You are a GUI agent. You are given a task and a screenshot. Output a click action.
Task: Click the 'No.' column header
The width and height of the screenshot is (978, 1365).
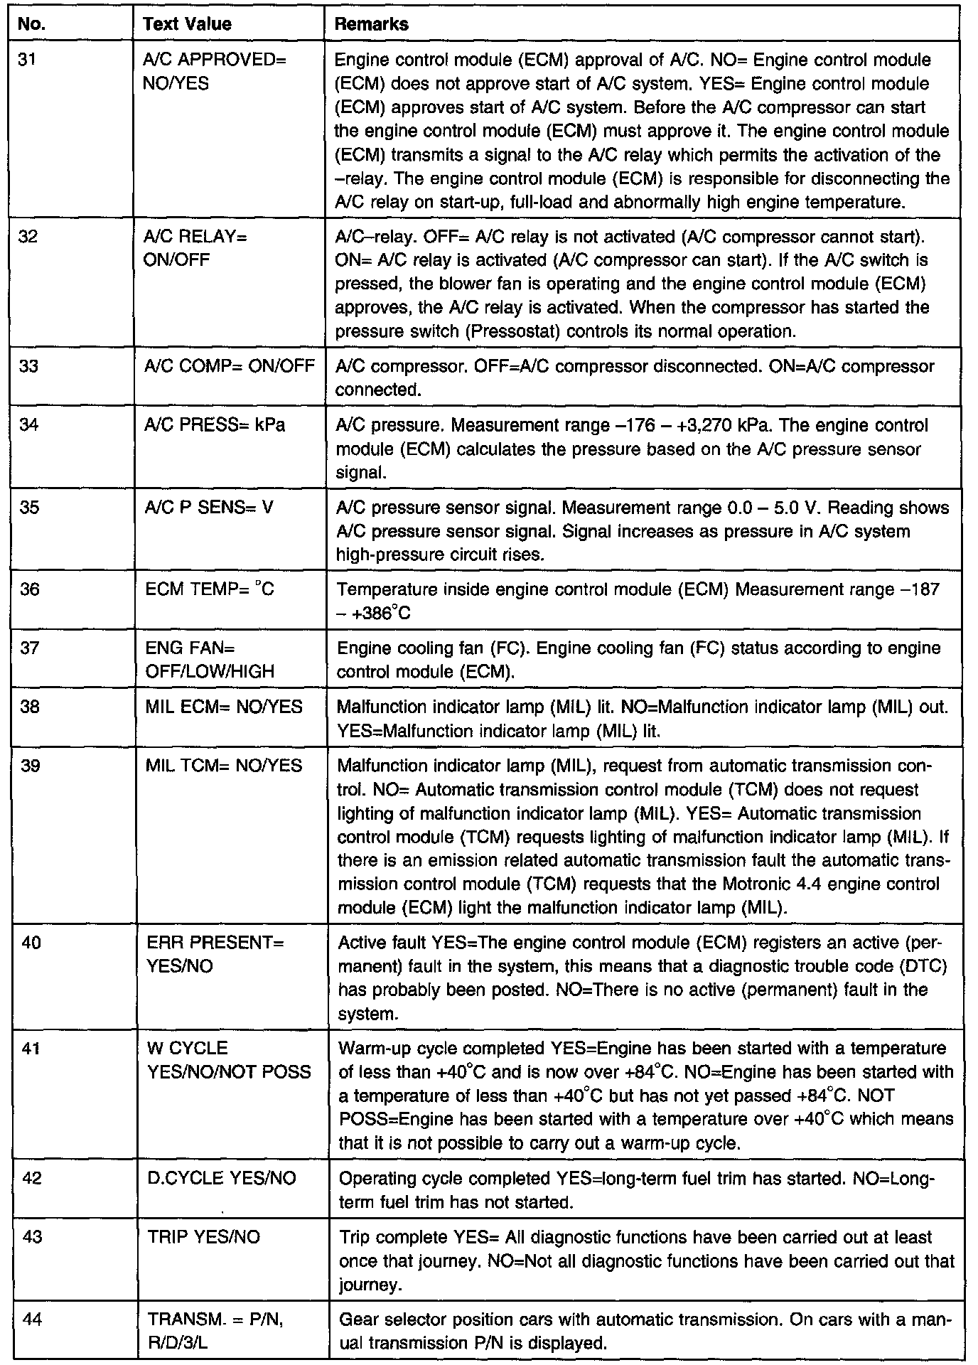pos(31,24)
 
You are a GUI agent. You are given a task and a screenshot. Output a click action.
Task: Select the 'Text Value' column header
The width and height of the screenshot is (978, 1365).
pos(187,24)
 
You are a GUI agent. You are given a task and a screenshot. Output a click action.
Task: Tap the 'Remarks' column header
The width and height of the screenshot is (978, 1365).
pos(371,24)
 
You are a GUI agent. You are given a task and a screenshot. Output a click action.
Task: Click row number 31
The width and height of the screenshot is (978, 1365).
pos(27,60)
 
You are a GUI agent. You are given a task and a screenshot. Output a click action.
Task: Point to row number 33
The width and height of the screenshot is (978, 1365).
pos(28,366)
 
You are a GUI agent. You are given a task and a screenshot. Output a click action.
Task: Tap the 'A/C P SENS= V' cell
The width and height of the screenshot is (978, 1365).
pos(209,508)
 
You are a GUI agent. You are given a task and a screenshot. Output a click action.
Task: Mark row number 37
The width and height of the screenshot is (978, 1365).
pos(29,648)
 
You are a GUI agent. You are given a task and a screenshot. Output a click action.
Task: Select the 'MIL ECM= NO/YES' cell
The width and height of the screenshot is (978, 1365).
pos(224,707)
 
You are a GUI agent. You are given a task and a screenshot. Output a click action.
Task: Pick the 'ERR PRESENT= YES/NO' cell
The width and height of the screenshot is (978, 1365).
pos(215,955)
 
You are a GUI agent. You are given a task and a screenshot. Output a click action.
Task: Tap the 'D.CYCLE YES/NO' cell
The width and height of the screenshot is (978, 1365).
pos(221,1179)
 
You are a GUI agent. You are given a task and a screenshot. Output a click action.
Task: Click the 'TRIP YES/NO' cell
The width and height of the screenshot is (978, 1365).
pos(204,1238)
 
